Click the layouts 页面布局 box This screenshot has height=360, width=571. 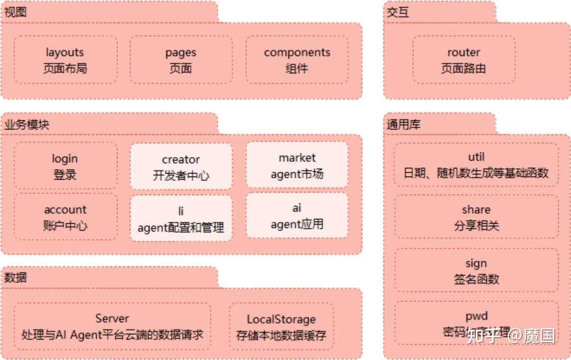(x=65, y=60)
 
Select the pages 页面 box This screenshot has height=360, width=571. (x=181, y=60)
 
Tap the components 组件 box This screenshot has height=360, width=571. (x=297, y=60)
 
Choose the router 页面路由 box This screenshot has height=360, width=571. (x=464, y=60)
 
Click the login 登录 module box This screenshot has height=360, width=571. (x=65, y=165)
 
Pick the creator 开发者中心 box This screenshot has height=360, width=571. (x=181, y=167)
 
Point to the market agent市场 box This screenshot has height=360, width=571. (x=297, y=165)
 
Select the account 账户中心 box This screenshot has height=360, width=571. (x=65, y=217)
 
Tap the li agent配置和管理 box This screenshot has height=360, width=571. (x=181, y=219)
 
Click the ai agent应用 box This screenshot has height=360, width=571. (x=297, y=216)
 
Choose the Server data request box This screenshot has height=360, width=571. (x=112, y=326)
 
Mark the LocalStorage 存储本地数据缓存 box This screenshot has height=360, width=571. (x=281, y=327)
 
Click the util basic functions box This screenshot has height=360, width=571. (x=476, y=164)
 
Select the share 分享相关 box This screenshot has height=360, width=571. (x=476, y=217)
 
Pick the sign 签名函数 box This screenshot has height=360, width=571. (x=476, y=270)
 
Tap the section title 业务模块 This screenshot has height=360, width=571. (x=27, y=125)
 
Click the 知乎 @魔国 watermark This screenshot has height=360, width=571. (x=511, y=335)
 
